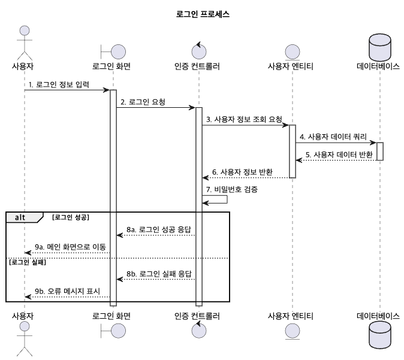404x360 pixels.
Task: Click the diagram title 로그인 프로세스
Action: pyautogui.click(x=201, y=14)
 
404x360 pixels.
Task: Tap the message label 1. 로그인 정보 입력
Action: pyautogui.click(x=59, y=84)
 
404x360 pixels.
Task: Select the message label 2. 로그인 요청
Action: pyautogui.click(x=143, y=102)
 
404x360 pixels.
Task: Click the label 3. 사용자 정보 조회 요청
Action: pyautogui.click(x=243, y=120)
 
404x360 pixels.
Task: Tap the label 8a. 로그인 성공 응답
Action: pyautogui.click(x=158, y=229)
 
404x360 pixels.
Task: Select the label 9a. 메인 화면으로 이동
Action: pyautogui.click(x=68, y=247)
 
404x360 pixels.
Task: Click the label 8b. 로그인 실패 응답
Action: pyautogui.click(x=158, y=274)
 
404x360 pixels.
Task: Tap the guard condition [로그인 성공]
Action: pyautogui.click(x=71, y=217)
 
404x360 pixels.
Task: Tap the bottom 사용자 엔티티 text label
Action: pyautogui.click(x=291, y=315)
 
